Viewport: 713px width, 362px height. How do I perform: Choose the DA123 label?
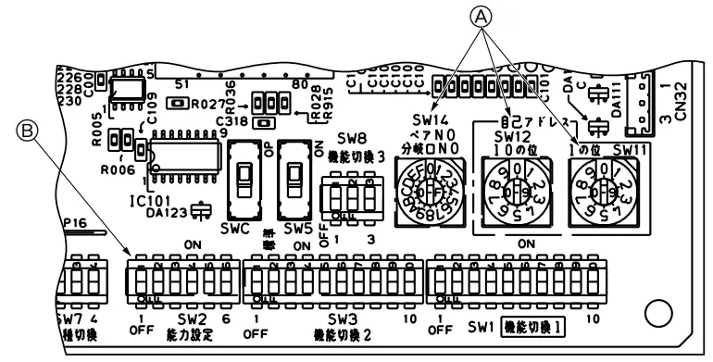168,211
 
